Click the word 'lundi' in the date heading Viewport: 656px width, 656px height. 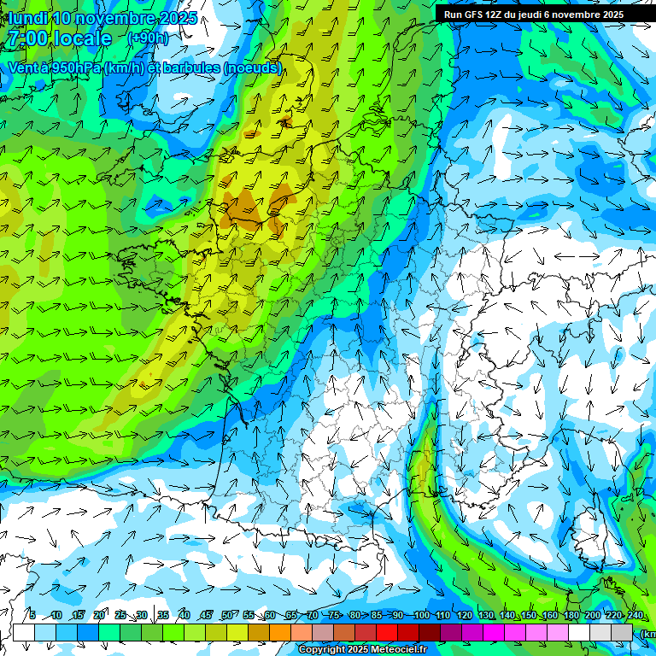click(x=27, y=17)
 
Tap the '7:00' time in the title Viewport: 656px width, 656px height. click(x=26, y=38)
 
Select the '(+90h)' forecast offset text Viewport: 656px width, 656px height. click(x=148, y=38)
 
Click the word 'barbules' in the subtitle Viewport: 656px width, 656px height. click(x=191, y=67)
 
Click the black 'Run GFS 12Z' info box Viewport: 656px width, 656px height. click(x=534, y=15)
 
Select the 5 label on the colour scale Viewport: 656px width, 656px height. click(x=32, y=616)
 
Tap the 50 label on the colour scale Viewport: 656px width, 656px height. click(x=226, y=616)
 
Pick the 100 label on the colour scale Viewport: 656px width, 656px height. click(x=420, y=616)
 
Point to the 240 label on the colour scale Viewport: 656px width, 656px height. click(x=635, y=616)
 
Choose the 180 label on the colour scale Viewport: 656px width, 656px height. click(x=570, y=616)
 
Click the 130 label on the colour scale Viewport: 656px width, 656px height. click(x=485, y=616)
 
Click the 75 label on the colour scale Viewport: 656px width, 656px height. click(x=334, y=616)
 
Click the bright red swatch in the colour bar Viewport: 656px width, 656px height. click(x=389, y=632)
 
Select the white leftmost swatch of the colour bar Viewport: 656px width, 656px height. click(x=24, y=632)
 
